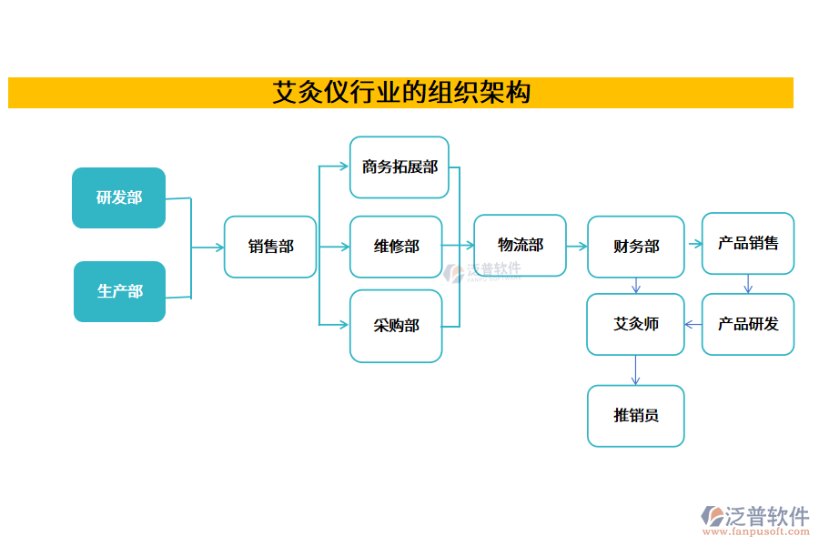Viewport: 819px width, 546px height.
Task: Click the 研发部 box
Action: pyautogui.click(x=119, y=197)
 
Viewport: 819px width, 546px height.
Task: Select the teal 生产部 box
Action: pyautogui.click(x=119, y=291)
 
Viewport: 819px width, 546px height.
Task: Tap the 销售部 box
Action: pyautogui.click(x=270, y=247)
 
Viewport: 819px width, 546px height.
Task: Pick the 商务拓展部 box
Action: pyautogui.click(x=399, y=167)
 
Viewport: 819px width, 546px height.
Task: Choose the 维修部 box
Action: pyautogui.click(x=396, y=247)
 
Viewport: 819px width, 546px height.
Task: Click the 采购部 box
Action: pyautogui.click(x=396, y=326)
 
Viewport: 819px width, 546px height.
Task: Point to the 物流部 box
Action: pyautogui.click(x=520, y=246)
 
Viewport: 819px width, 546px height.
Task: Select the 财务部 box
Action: pyautogui.click(x=635, y=247)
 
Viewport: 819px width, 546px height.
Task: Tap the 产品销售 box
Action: pyautogui.click(x=748, y=243)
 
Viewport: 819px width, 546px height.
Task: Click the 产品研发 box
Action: pyautogui.click(x=748, y=324)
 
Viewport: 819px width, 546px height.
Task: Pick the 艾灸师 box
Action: pyautogui.click(x=635, y=324)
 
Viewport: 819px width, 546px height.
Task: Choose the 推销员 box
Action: pyautogui.click(x=635, y=416)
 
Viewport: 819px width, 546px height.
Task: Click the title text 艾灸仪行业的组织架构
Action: pyautogui.click(x=400, y=93)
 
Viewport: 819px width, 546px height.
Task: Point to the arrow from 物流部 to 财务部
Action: pyautogui.click(x=577, y=246)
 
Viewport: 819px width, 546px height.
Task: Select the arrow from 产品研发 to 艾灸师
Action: pyautogui.click(x=693, y=324)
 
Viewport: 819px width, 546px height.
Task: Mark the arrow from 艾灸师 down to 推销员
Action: pyautogui.click(x=635, y=370)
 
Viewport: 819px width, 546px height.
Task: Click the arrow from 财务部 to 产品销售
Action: pyautogui.click(x=693, y=244)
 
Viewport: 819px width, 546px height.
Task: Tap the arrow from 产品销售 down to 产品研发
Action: pyautogui.click(x=748, y=284)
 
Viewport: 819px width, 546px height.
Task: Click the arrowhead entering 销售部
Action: pyautogui.click(x=219, y=248)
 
